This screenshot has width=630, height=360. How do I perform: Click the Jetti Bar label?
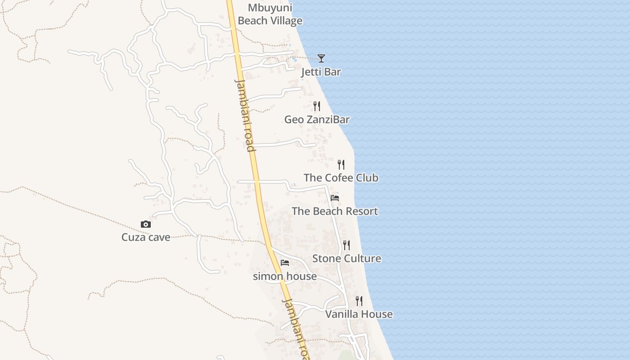click(x=321, y=72)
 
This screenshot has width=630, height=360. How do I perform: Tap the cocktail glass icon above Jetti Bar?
click(x=321, y=58)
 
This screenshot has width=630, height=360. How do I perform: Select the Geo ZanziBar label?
click(x=317, y=120)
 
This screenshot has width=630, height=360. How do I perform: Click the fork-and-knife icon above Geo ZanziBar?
click(x=317, y=106)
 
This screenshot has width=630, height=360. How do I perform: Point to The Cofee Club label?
click(x=341, y=178)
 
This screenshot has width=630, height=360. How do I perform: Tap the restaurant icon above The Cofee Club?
click(x=341, y=164)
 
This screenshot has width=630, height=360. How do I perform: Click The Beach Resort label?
click(x=335, y=211)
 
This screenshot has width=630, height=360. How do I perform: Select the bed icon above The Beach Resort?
click(x=335, y=198)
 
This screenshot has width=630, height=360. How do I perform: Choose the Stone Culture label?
click(x=346, y=259)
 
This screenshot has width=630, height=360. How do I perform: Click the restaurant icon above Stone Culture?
click(x=346, y=245)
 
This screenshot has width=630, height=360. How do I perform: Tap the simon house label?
click(x=285, y=276)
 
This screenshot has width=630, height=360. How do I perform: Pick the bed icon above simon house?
click(x=285, y=263)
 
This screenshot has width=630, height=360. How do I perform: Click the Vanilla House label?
click(x=359, y=314)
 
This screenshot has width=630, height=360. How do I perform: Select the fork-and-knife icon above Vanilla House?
click(x=359, y=301)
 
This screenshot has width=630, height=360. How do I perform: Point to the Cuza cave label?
click(x=146, y=238)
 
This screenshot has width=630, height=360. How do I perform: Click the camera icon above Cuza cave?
click(x=146, y=224)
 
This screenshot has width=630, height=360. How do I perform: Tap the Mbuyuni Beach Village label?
click(x=270, y=14)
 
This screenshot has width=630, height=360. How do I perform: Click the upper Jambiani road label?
click(x=245, y=115)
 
